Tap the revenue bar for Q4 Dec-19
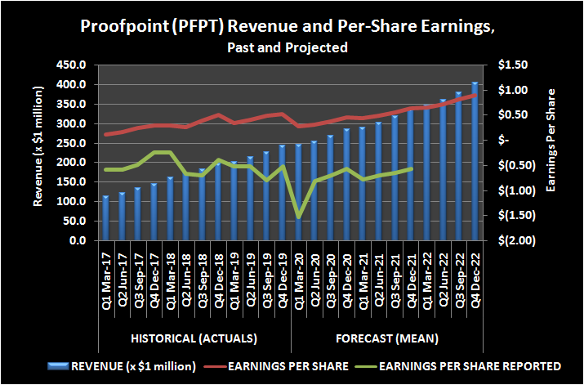click(x=283, y=193)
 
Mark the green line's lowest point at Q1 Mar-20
click(x=299, y=217)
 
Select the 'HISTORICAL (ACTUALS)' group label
click(x=194, y=338)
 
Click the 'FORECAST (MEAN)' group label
click(x=386, y=338)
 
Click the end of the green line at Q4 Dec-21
click(x=411, y=168)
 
